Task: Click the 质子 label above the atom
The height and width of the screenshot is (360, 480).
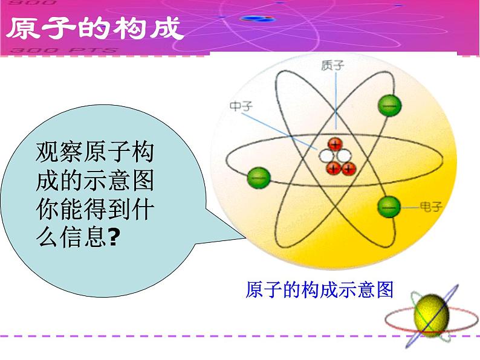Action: point(332,65)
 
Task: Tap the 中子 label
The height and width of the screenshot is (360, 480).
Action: point(241,106)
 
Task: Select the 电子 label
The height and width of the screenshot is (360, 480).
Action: point(431,207)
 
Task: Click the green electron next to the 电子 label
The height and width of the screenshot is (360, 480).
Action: point(389,207)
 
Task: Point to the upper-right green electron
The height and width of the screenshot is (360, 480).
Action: point(390,106)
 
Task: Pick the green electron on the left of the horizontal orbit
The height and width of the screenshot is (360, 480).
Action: point(259,178)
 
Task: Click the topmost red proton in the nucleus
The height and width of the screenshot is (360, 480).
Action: point(335,144)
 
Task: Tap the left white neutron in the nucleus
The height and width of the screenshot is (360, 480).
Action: point(326,156)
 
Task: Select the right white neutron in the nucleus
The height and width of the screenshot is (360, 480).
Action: point(344,156)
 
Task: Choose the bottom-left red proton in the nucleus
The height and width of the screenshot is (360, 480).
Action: point(333,168)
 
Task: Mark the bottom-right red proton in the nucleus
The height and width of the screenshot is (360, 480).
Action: point(349,169)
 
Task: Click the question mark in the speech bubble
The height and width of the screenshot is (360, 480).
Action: point(112,237)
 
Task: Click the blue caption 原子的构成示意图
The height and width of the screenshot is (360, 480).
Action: point(319,290)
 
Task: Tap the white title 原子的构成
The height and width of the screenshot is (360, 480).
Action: point(95,28)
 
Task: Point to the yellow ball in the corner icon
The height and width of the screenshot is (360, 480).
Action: point(431,315)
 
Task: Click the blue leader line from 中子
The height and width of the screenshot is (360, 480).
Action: point(279,132)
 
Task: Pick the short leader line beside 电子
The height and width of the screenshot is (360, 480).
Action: point(410,207)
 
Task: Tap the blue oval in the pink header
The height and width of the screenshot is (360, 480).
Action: point(258,19)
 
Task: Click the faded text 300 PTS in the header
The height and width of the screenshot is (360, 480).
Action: point(63,50)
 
